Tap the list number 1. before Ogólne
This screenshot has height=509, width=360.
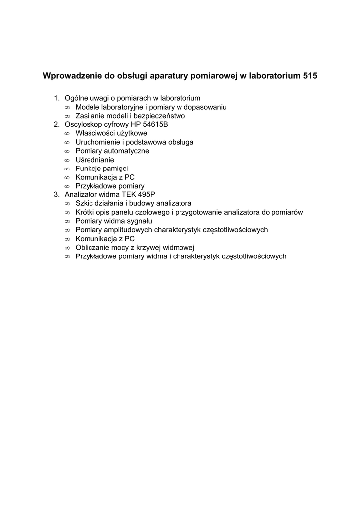tap(57, 98)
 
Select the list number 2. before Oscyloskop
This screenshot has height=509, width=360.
tap(57, 124)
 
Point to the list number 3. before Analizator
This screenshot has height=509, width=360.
tap(57, 194)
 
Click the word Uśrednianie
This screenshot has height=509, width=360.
tap(94, 160)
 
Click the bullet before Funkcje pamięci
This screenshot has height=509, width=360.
tap(67, 169)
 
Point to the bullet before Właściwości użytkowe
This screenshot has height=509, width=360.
tap(67, 133)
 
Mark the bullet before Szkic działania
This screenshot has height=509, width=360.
tap(67, 203)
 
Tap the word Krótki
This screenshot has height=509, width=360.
tap(86, 212)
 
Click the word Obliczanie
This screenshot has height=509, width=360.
tap(92, 248)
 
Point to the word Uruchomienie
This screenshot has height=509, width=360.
tap(97, 142)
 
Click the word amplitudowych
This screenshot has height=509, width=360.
tap(126, 230)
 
